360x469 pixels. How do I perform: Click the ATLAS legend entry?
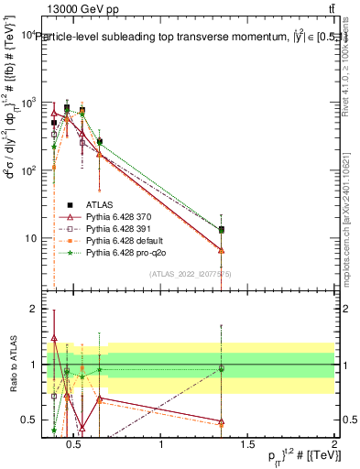click(98, 204)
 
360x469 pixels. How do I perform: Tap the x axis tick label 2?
click(333, 445)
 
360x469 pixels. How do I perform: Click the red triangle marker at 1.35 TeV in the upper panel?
click(222, 250)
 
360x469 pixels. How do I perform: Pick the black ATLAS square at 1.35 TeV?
click(222, 230)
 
